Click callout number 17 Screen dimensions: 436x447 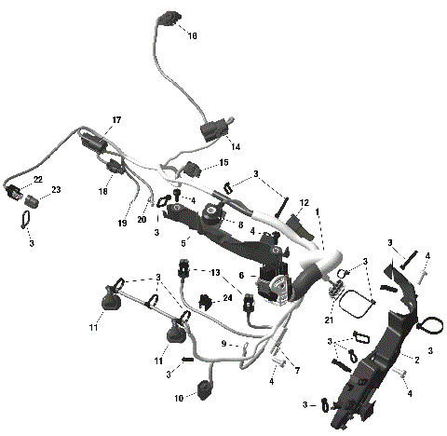point(117,121)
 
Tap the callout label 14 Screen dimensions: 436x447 point(235,147)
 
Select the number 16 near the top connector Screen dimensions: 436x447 point(193,36)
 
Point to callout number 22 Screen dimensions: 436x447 point(38,179)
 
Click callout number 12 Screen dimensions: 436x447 point(305,203)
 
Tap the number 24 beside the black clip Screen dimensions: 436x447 point(227,299)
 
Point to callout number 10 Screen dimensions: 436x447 point(179,399)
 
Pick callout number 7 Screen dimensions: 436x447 point(297,371)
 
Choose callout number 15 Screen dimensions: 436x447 point(223,164)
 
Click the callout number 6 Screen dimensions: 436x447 point(241,276)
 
